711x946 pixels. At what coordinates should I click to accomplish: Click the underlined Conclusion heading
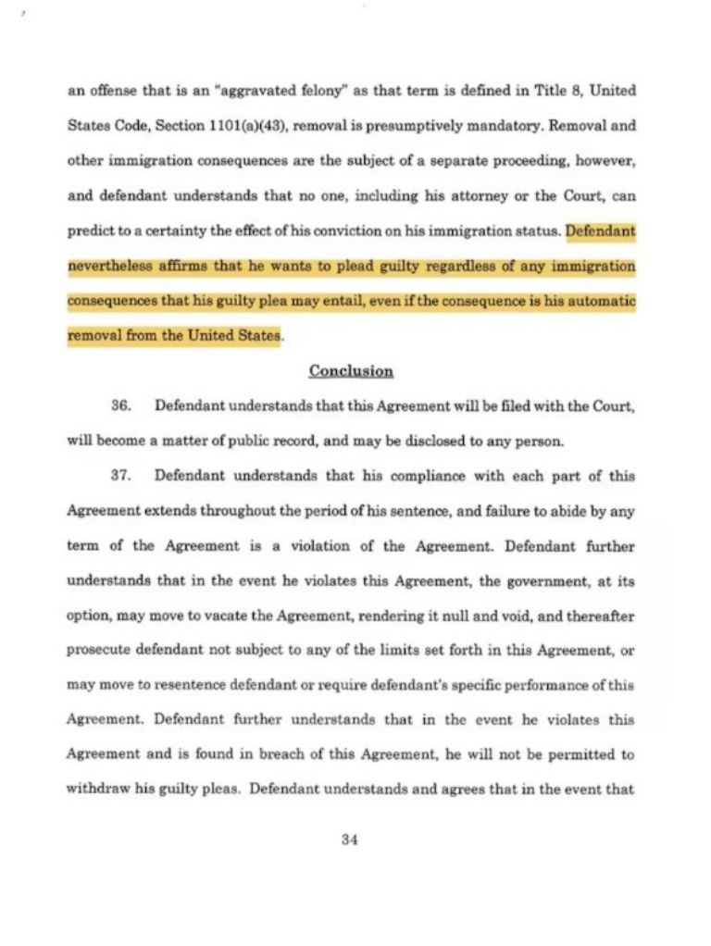(x=351, y=371)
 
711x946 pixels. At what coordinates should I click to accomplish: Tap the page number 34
(x=349, y=840)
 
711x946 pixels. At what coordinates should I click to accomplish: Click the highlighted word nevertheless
(x=109, y=267)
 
